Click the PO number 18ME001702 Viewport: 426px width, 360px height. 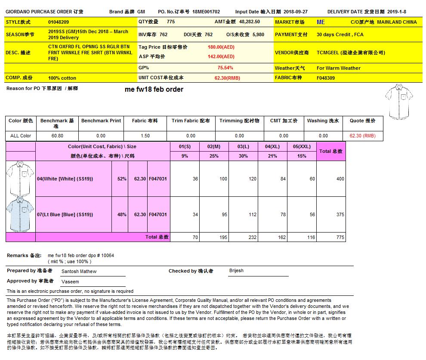click(206, 12)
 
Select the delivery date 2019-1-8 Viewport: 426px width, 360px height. click(396, 12)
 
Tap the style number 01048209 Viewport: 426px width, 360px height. click(59, 22)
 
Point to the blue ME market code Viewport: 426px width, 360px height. click(321, 22)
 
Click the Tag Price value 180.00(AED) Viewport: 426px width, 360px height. click(221, 47)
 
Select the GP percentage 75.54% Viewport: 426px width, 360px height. click(225, 68)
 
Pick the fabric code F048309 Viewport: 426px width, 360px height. click(326, 78)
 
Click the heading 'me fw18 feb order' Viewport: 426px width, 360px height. click(154, 90)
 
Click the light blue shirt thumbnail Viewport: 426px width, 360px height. click(20, 214)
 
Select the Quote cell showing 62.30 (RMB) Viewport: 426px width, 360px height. click(362, 136)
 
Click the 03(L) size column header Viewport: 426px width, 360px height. click(243, 146)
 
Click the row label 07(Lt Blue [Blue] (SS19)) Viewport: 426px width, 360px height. click(65, 214)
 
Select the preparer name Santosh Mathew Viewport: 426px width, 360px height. click(79, 271)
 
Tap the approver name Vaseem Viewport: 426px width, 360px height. click(70, 282)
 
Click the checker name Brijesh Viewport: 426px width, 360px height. click(236, 271)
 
